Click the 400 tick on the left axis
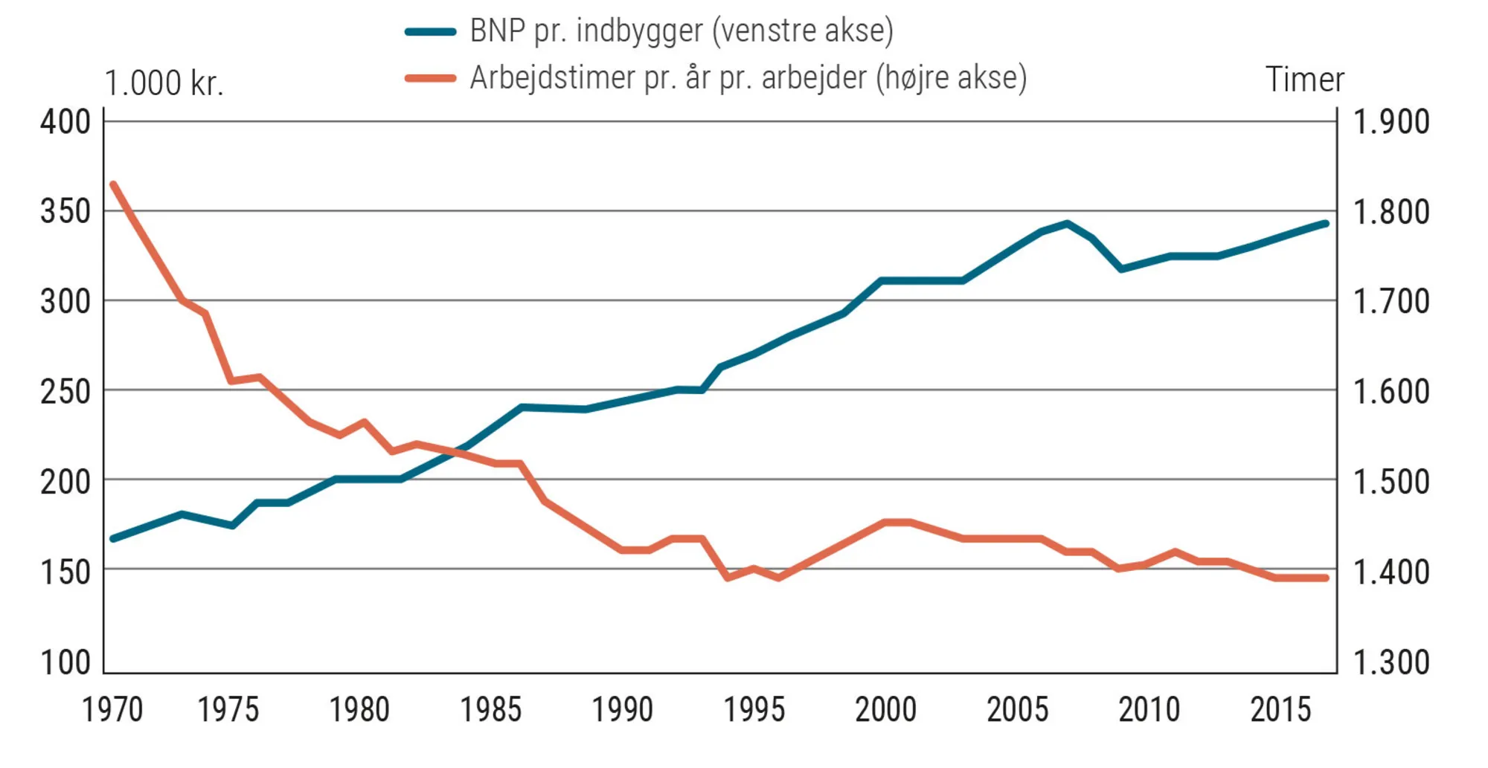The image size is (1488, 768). pos(65,122)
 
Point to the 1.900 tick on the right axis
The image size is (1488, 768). pos(1391,122)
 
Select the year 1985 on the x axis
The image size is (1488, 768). pos(490,710)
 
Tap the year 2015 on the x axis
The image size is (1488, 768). pos(1280,710)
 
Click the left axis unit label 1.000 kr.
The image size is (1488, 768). pos(164,83)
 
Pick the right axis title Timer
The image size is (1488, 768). pos(1304,80)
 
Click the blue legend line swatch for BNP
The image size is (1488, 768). pos(430,32)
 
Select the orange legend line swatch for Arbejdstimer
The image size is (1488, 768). pos(430,78)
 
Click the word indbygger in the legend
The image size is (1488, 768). pos(639,31)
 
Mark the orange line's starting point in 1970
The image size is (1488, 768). pos(113,184)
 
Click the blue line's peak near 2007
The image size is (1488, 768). pos(1067,223)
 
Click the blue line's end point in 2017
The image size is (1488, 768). pos(1326,223)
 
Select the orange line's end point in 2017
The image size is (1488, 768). pos(1326,578)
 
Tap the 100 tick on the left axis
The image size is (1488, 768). pos(65,662)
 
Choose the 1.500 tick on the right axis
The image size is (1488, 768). pos(1391,482)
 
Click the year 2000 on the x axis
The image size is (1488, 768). pos(885,710)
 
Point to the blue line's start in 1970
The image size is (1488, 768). pos(113,538)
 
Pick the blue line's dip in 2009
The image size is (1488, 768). pos(1121,268)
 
